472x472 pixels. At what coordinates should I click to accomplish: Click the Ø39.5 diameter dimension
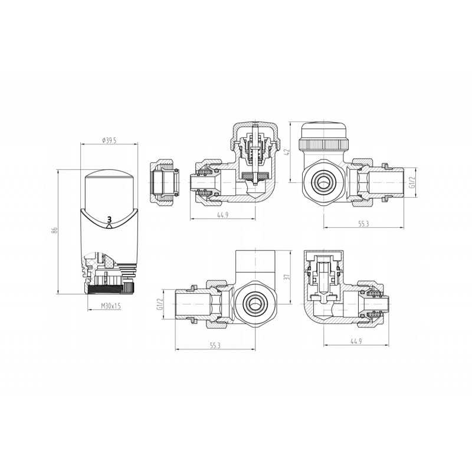(x=109, y=140)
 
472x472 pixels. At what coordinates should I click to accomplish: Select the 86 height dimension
(x=54, y=230)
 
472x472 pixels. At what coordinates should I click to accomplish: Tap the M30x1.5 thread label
(x=110, y=306)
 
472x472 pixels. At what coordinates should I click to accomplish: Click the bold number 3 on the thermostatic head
(x=109, y=219)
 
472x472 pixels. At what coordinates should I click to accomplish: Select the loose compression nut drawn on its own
(x=165, y=183)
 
